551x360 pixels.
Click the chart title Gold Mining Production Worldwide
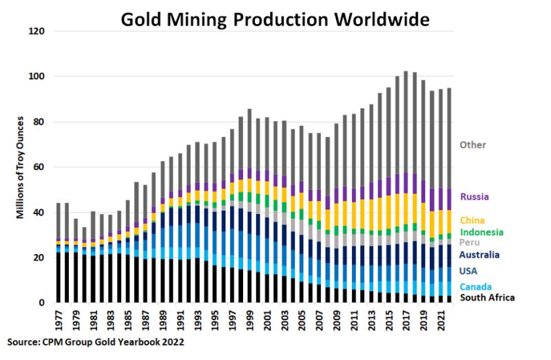[275, 19]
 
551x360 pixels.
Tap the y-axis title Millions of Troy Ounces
[20, 168]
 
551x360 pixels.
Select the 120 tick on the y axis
[37, 32]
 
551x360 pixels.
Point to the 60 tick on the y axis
[39, 167]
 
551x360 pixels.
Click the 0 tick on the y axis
[42, 303]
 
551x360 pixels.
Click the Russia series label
[474, 197]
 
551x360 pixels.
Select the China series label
[472, 221]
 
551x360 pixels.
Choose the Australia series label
[479, 255]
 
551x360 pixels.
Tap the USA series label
[468, 271]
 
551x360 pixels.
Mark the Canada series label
[475, 286]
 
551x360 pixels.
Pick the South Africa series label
[486, 297]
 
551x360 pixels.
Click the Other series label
[473, 145]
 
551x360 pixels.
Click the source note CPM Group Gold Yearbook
[96, 341]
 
